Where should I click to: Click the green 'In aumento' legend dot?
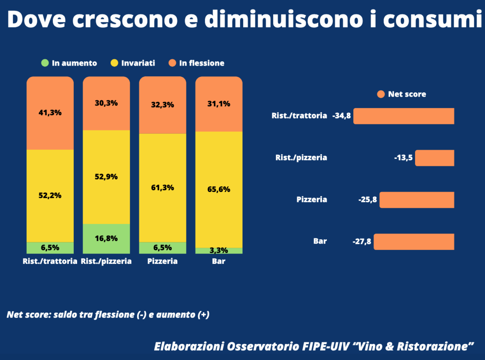tap(45, 63)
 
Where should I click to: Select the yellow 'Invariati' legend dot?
tap(114, 63)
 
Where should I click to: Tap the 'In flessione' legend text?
tap(202, 63)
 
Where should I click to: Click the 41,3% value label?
tap(50, 113)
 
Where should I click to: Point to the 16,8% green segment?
tap(106, 238)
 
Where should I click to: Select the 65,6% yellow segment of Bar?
tap(219, 189)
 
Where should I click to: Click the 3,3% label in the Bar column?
tap(219, 250)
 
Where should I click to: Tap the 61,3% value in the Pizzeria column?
tap(163, 188)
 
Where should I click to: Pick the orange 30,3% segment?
tap(106, 103)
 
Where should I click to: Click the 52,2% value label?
tap(50, 195)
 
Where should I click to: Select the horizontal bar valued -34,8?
tap(404, 116)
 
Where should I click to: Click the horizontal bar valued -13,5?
tap(435, 158)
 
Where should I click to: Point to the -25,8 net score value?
tap(367, 200)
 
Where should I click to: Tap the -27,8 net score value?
tap(362, 242)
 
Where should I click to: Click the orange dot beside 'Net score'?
tap(381, 94)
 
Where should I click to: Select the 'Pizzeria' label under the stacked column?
tap(162, 261)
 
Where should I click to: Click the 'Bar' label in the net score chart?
tap(320, 241)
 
